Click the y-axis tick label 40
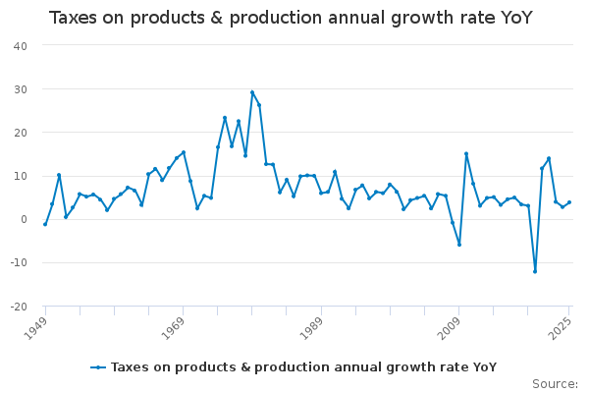[x=20, y=45]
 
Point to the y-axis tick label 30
[x=20, y=89]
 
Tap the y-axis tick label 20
[x=20, y=133]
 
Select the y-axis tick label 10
[x=20, y=176]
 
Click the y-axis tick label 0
[x=24, y=219]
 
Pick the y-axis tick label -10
[x=18, y=263]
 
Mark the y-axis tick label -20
[x=18, y=307]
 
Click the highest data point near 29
[x=252, y=92]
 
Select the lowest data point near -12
[x=535, y=271]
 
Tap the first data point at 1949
[x=45, y=224]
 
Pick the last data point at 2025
[x=569, y=202]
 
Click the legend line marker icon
[x=98, y=367]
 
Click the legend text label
[x=303, y=367]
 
